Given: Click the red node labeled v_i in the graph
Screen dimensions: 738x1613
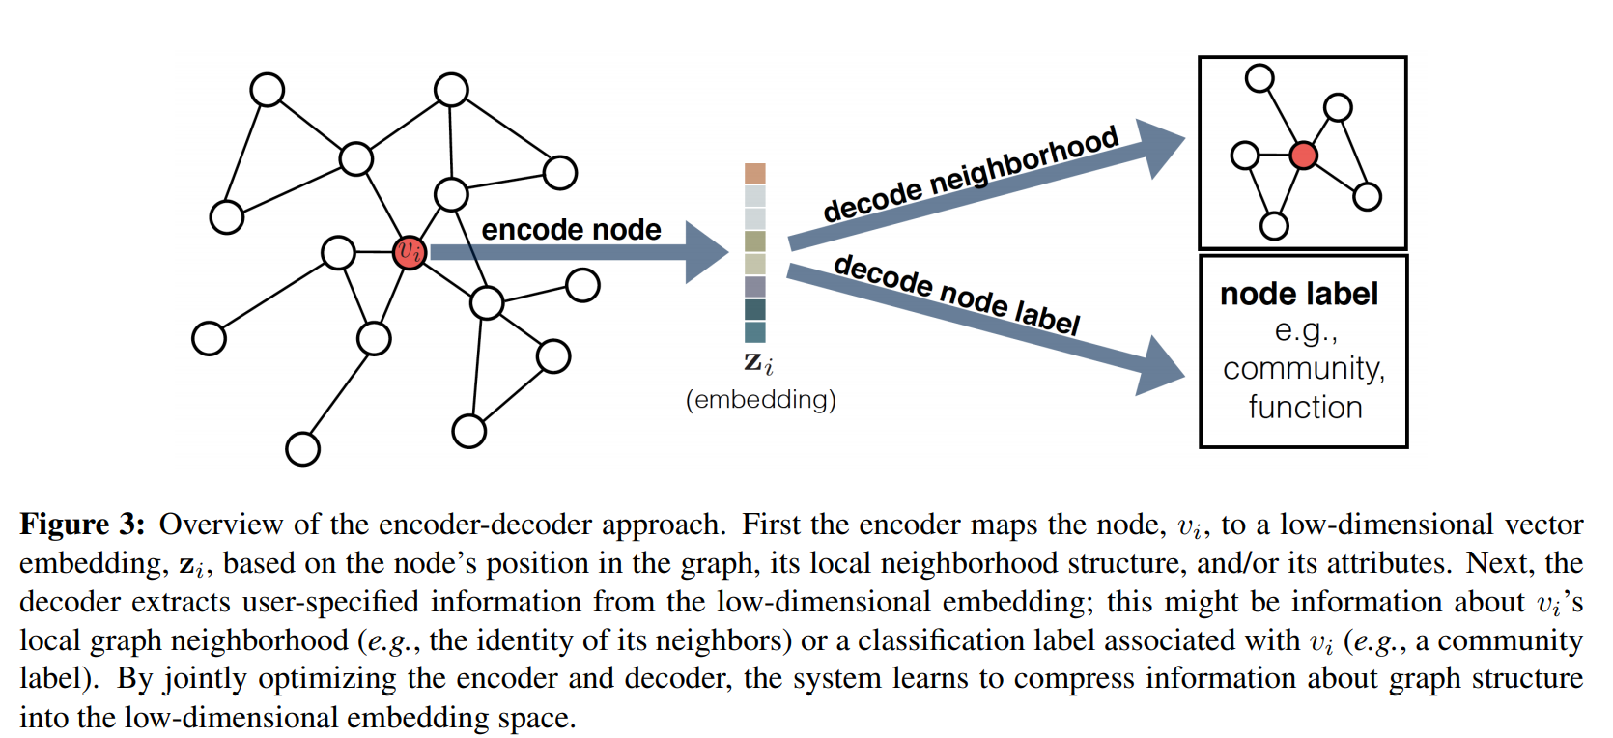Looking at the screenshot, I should pyautogui.click(x=410, y=252).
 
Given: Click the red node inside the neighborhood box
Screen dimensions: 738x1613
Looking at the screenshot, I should pyautogui.click(x=1303, y=155).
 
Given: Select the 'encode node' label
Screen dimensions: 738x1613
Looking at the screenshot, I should pyautogui.click(x=571, y=230).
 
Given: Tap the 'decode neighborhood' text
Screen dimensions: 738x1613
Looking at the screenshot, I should pyautogui.click(x=970, y=174).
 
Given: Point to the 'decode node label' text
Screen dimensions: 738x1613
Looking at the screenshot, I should pyautogui.click(x=956, y=294).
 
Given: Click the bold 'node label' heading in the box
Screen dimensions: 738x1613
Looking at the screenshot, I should pyautogui.click(x=1299, y=294).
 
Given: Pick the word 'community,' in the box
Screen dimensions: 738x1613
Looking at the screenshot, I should pyautogui.click(x=1304, y=369).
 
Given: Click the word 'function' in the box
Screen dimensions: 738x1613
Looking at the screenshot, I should pyautogui.click(x=1305, y=408).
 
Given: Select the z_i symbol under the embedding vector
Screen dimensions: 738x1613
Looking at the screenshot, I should pyautogui.click(x=758, y=363).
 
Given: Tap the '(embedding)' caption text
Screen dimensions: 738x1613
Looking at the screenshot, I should pyautogui.click(x=761, y=399).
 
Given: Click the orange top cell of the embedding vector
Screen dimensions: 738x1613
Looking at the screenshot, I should pyautogui.click(x=755, y=174).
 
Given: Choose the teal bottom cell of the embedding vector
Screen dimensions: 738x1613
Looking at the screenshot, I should pyautogui.click(x=755, y=332).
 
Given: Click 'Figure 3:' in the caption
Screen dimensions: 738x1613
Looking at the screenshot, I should pyautogui.click(x=82, y=525).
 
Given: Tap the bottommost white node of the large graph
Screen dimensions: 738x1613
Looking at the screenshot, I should pyautogui.click(x=303, y=448).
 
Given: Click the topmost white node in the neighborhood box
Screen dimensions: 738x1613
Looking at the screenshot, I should pyautogui.click(x=1259, y=78).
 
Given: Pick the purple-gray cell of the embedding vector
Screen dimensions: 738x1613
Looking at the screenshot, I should pyautogui.click(x=755, y=287).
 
